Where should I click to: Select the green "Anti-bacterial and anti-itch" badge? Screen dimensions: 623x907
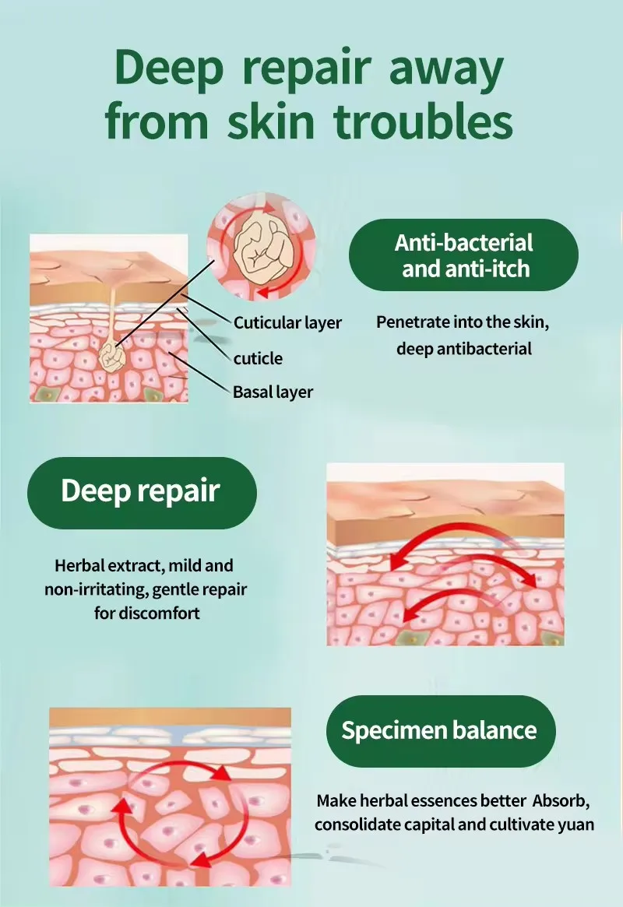(463, 255)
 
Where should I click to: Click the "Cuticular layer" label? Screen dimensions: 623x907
(287, 322)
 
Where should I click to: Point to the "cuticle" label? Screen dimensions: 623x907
(258, 359)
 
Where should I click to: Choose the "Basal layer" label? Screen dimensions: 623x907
(273, 392)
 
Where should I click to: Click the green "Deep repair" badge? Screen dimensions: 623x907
(141, 492)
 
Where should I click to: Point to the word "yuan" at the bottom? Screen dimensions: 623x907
(577, 824)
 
